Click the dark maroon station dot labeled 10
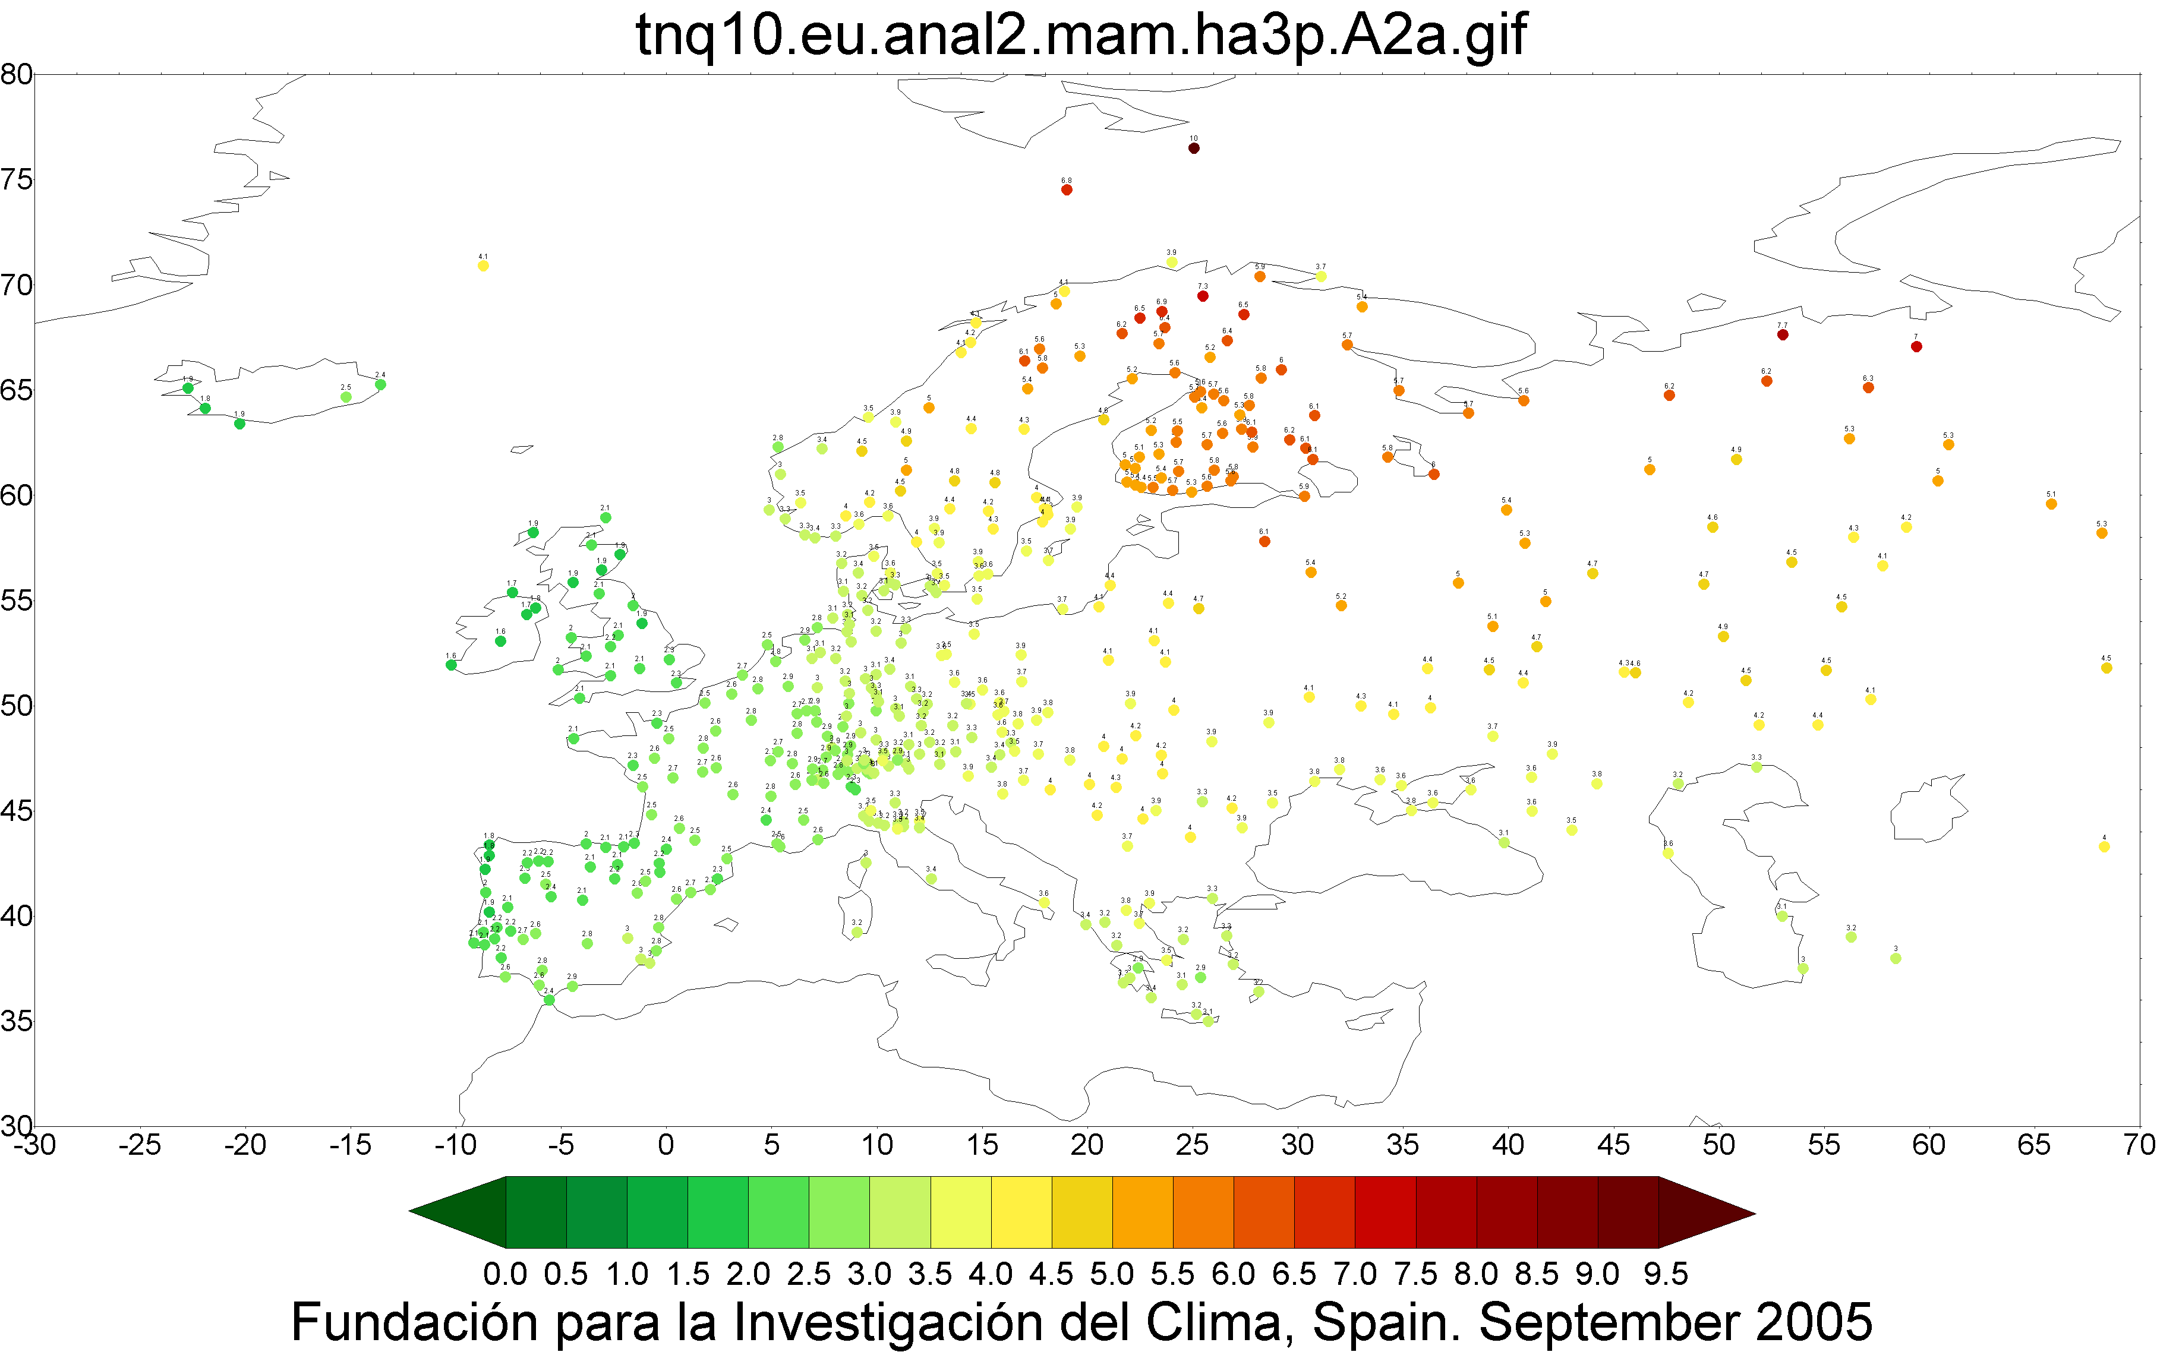[x=1193, y=149]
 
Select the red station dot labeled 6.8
[x=1066, y=189]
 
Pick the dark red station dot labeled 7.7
[x=1782, y=335]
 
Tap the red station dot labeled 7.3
[x=1203, y=296]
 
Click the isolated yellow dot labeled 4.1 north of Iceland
[x=483, y=266]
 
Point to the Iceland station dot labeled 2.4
[x=380, y=384]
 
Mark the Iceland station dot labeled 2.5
[x=346, y=397]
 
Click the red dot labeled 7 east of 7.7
[x=1916, y=347]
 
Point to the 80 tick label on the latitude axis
[x=16, y=74]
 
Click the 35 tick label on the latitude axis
[x=16, y=1021]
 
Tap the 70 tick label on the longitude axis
[x=2139, y=1145]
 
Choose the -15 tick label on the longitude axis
[x=349, y=1145]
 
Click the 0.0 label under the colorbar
[x=505, y=1274]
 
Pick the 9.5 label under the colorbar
[x=1665, y=1274]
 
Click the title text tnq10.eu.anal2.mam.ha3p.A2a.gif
[x=1080, y=36]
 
